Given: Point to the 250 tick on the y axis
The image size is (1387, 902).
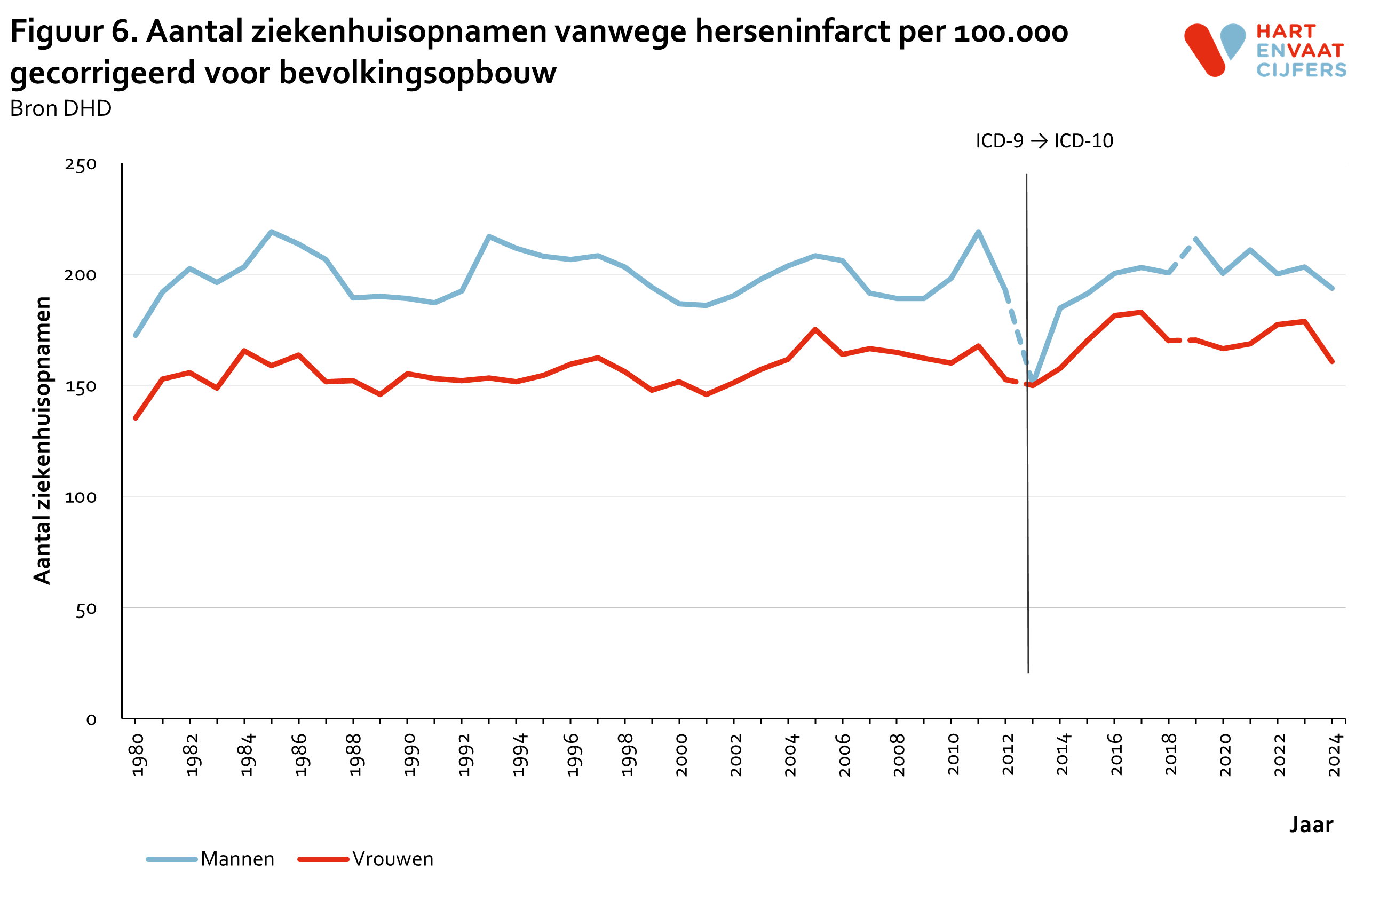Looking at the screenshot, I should pos(81,164).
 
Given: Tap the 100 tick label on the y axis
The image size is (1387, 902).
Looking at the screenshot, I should pos(81,497).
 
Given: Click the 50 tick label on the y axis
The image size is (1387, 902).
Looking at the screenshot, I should pos(86,610).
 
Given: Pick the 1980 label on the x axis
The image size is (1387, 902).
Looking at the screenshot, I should pos(138,755).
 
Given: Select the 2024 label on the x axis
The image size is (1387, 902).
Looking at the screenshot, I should pos(1335,755).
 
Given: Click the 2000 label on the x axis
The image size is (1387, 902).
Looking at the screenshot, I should pos(681,755).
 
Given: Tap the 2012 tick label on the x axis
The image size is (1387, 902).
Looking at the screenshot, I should pos(1008,755).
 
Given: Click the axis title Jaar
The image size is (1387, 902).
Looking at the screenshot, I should pos(1311,825).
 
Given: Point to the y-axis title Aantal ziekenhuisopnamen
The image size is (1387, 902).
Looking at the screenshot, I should pos(42,440).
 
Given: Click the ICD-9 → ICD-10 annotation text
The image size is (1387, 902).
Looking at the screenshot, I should pos(1044,141).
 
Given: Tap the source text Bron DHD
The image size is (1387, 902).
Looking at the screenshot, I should pos(61,108).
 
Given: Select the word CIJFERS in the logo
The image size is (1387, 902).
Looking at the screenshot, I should pos(1301,70).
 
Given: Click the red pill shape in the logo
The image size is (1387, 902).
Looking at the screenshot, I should pos(1204,50).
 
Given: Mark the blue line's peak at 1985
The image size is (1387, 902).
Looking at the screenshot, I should pos(272,232).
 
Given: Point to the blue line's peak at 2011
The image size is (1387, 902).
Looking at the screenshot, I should pos(978,232).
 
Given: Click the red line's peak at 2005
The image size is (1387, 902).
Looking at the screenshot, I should pos(815,329).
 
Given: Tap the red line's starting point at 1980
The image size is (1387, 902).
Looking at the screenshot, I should pos(136,418).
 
